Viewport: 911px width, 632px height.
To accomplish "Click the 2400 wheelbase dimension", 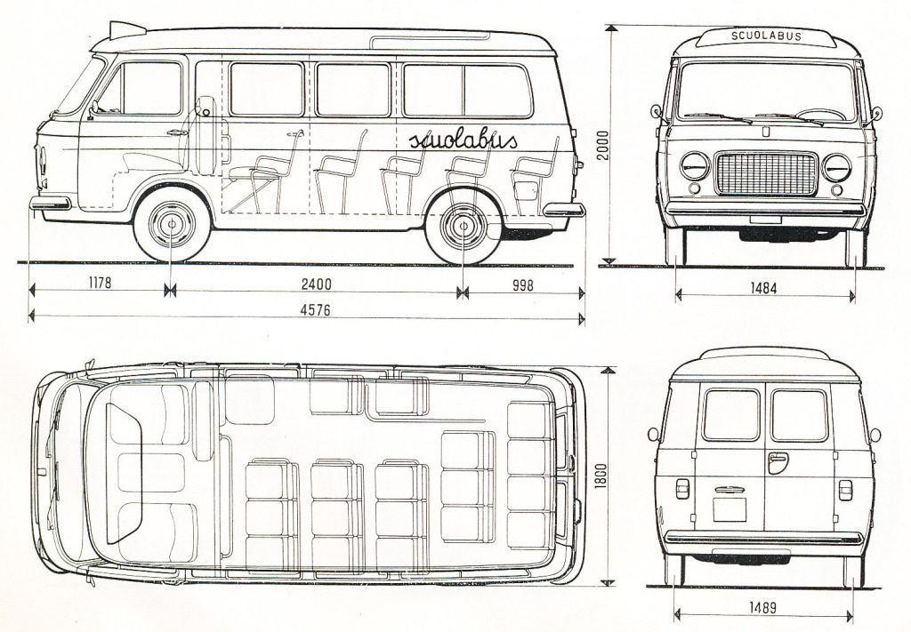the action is point(316,284).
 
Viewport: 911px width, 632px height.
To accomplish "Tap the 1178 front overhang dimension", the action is point(100,284).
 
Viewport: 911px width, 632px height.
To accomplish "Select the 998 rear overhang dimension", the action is point(523,284).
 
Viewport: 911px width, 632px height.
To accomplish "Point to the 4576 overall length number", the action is point(315,310).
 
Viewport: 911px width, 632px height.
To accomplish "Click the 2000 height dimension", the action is point(603,146).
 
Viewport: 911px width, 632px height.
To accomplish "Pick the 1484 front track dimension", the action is point(763,288).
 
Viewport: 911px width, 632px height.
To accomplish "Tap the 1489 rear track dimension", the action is point(762,608).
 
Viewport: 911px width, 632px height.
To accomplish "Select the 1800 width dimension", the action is point(601,476).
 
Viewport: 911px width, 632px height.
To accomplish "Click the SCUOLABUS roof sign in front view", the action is point(766,36).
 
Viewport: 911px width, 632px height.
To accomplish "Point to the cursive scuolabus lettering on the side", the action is point(463,140).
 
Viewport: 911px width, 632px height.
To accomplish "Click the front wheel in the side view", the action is point(172,224).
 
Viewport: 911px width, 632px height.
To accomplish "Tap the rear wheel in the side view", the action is point(463,226).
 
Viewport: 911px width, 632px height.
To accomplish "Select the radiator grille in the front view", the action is point(766,173).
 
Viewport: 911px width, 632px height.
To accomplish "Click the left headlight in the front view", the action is point(695,166).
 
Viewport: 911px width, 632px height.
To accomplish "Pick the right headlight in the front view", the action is point(836,167).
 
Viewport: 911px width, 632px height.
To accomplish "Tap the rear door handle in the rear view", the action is point(777,462).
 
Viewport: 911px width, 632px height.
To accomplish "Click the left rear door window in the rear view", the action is point(731,414).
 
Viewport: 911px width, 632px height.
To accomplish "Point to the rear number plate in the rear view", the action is point(730,509).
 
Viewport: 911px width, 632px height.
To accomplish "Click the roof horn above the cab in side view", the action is point(125,30).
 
